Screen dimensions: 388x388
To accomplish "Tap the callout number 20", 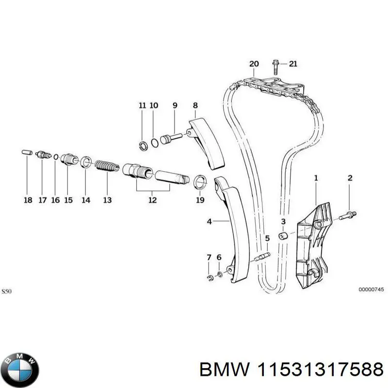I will point(254,64).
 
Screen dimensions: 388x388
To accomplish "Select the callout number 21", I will point(292,64).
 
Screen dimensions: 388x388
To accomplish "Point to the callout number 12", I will point(152,199).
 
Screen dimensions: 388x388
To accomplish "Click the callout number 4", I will point(210,222).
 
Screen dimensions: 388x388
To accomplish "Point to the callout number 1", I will point(316,178).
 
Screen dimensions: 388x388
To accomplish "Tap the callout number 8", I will point(195,105).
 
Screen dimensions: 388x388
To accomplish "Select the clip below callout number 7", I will point(209,278).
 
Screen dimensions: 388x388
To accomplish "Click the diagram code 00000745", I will point(371,290).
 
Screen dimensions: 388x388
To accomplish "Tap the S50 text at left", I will point(6,291).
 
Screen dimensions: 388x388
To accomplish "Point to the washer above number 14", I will point(85,162).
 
